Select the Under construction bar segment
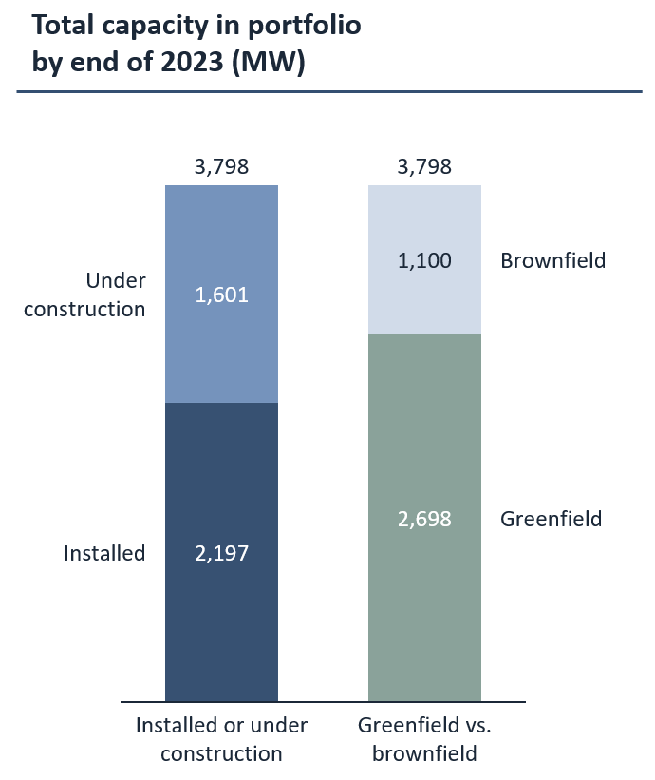click(221, 342)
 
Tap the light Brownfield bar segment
click(424, 228)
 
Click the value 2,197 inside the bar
click(221, 553)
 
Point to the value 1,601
click(221, 295)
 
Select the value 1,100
click(424, 260)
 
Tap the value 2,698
click(424, 520)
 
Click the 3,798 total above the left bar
click(221, 167)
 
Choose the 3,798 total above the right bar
click(424, 167)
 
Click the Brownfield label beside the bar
click(552, 260)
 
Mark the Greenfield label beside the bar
click(552, 520)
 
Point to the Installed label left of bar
click(104, 553)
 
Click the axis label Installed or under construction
click(221, 739)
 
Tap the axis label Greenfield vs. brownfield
click(424, 739)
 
